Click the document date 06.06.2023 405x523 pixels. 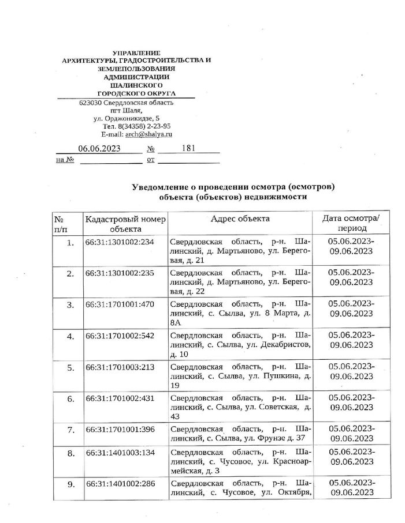(99, 148)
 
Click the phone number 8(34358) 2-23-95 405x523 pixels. (144, 126)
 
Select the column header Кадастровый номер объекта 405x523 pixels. (125, 224)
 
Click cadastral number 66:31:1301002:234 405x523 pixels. (120, 242)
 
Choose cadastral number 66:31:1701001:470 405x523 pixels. (120, 304)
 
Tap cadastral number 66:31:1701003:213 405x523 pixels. (120, 367)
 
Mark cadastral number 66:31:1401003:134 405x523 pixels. (120, 453)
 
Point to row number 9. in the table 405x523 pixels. (70, 484)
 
